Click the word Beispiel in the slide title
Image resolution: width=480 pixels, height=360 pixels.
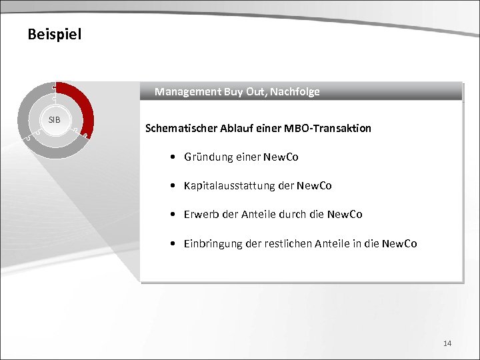point(55,34)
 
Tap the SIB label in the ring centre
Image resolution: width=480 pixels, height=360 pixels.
point(55,119)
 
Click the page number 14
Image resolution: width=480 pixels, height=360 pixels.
point(447,343)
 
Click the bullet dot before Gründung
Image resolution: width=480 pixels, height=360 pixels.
point(173,158)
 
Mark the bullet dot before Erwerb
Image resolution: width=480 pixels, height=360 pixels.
point(173,215)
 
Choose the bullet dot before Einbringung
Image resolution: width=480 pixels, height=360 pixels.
point(173,244)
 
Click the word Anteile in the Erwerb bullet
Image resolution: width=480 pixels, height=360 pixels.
point(259,215)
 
